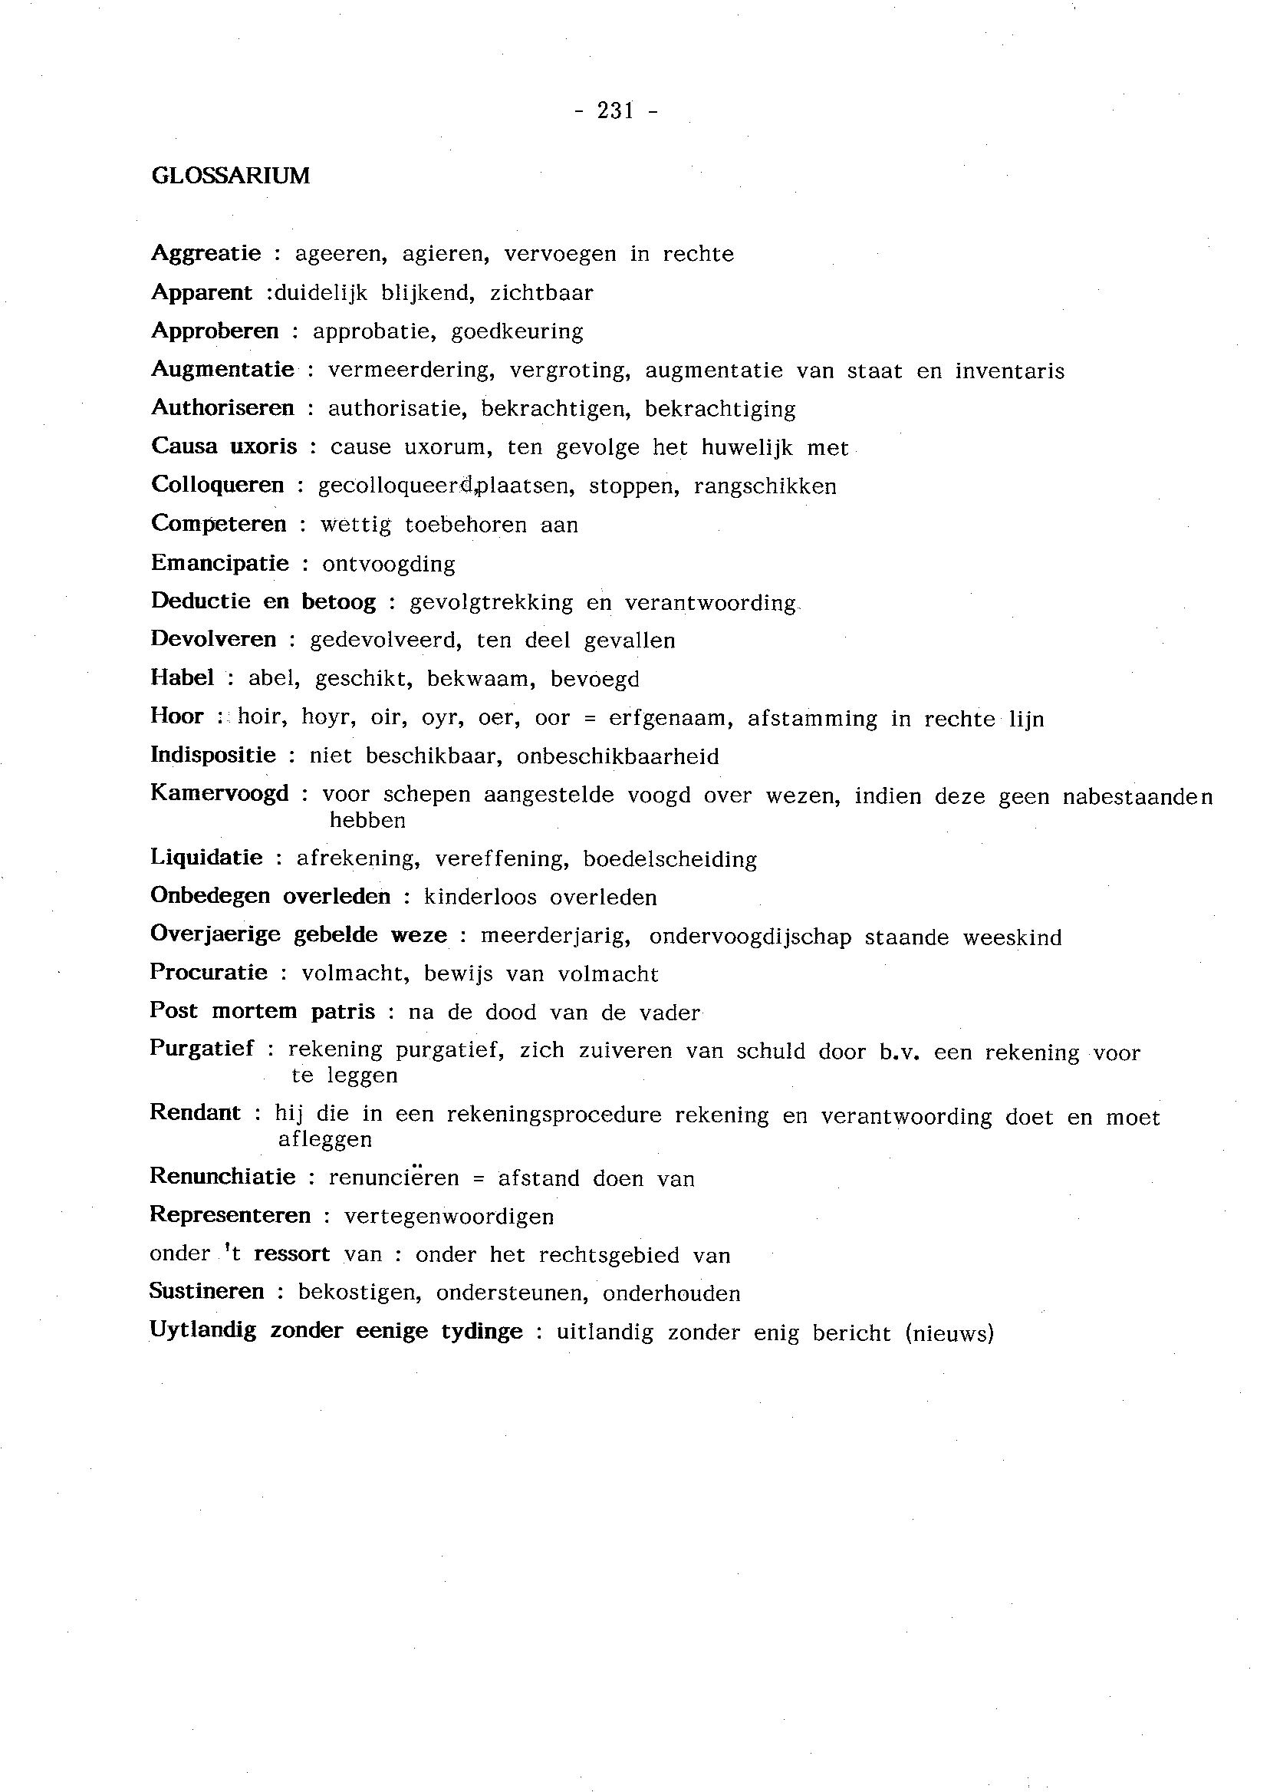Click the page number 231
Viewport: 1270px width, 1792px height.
click(x=616, y=111)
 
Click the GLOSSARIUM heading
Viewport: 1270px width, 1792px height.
click(x=231, y=176)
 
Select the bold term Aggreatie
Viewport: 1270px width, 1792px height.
click(x=206, y=253)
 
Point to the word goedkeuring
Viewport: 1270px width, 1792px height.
click(x=517, y=331)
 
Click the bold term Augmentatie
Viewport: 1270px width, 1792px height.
click(x=223, y=369)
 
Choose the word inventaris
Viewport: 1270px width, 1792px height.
click(x=1009, y=371)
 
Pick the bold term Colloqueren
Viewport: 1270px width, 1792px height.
click(x=217, y=485)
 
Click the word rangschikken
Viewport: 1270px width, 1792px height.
click(x=765, y=486)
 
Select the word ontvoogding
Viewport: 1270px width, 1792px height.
click(x=389, y=564)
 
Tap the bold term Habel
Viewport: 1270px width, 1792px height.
click(x=183, y=677)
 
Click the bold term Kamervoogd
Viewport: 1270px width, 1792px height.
click(x=220, y=794)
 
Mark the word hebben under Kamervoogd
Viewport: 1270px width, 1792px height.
click(x=367, y=821)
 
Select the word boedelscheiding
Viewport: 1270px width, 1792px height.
click(x=670, y=860)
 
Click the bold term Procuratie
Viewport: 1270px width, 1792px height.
click(x=209, y=973)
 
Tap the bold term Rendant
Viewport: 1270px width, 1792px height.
click(x=196, y=1113)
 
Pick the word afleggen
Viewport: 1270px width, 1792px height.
click(x=325, y=1141)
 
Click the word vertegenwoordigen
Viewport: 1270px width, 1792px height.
click(x=449, y=1217)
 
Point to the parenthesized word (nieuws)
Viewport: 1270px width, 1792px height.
click(x=949, y=1332)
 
